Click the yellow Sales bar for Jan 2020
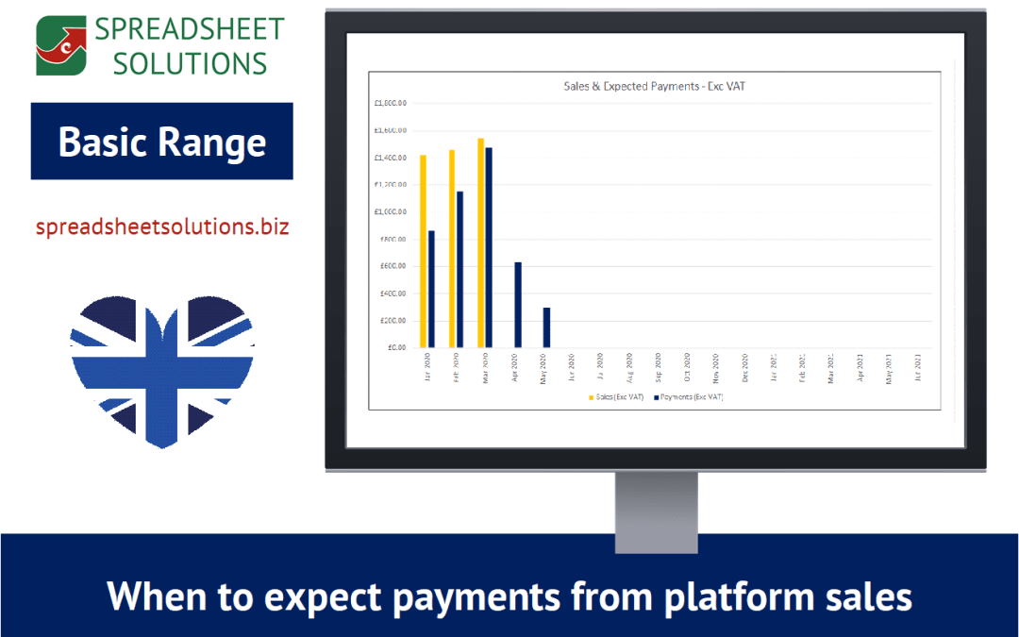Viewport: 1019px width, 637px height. [423, 251]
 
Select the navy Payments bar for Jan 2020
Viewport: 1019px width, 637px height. [431, 289]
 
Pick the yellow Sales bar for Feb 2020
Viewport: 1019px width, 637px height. [452, 248]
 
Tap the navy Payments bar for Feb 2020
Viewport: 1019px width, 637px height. [459, 269]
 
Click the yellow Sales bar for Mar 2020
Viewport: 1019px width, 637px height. [480, 243]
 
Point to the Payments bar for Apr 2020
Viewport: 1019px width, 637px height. [517, 305]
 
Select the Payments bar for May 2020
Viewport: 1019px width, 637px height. [546, 327]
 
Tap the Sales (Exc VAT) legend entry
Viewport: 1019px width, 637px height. [617, 397]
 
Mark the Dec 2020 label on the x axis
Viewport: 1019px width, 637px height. [745, 367]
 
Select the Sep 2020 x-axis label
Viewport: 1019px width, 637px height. [659, 367]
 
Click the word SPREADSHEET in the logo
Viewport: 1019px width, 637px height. [189, 29]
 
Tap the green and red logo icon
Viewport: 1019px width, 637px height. [62, 44]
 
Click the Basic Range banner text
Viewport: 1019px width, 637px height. [162, 142]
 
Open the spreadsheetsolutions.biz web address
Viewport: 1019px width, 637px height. [162, 226]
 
